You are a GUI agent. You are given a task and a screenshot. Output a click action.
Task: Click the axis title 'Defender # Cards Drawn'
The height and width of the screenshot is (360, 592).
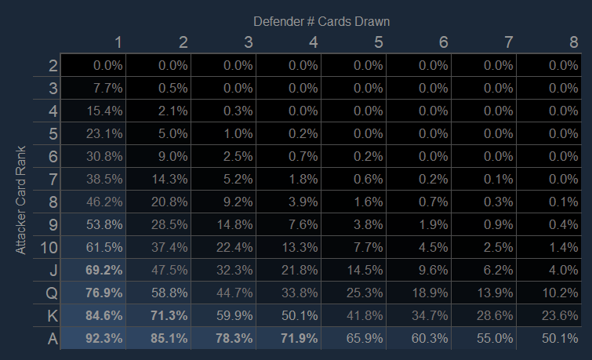tap(321, 21)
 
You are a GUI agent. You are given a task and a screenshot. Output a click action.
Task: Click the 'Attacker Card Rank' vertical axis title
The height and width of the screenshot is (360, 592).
tap(21, 199)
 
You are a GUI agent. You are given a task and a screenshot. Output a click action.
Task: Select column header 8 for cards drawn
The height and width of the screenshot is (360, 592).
tap(573, 42)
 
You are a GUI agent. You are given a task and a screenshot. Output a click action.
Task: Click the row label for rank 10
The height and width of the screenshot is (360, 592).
tap(49, 248)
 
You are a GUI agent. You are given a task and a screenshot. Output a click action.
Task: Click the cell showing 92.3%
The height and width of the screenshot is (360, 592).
tap(104, 338)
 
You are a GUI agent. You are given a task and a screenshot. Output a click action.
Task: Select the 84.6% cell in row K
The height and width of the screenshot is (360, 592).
tap(104, 315)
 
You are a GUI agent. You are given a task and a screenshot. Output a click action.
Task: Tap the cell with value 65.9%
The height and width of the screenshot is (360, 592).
tap(364, 338)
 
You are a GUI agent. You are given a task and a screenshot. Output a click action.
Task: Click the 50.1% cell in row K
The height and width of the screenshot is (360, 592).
tap(299, 315)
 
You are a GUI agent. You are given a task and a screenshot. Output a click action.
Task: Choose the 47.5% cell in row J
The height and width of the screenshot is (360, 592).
tap(169, 271)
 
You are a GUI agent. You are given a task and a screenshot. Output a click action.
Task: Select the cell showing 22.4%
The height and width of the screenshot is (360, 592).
tap(234, 248)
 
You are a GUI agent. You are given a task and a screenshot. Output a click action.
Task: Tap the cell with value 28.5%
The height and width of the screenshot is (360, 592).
tap(169, 225)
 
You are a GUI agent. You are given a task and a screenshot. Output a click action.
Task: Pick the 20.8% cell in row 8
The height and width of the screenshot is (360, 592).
tap(169, 202)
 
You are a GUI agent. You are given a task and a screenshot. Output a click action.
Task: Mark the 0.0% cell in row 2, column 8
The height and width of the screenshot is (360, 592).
tap(561, 66)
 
